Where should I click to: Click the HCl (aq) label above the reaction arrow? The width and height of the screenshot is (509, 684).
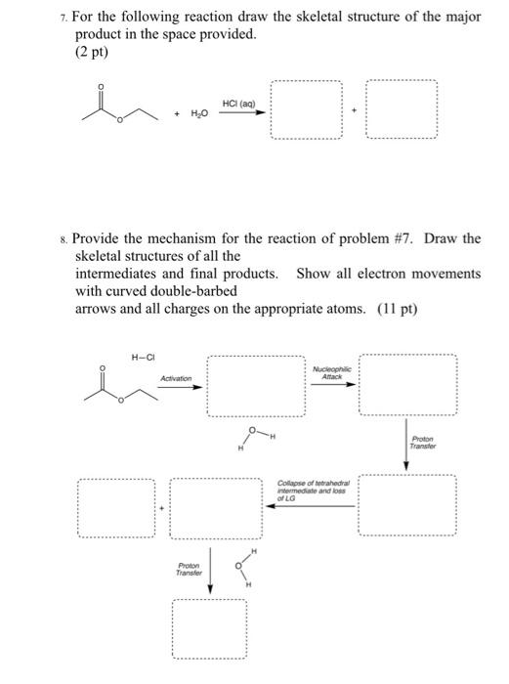238,103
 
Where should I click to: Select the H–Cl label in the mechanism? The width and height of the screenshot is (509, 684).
142,357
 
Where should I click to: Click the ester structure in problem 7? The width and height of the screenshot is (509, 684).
107,107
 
